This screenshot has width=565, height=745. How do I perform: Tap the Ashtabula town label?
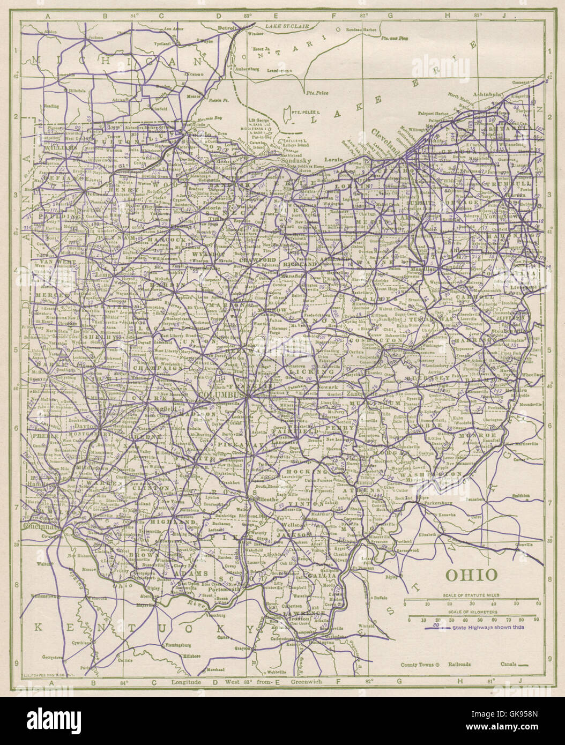[x=488, y=93]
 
